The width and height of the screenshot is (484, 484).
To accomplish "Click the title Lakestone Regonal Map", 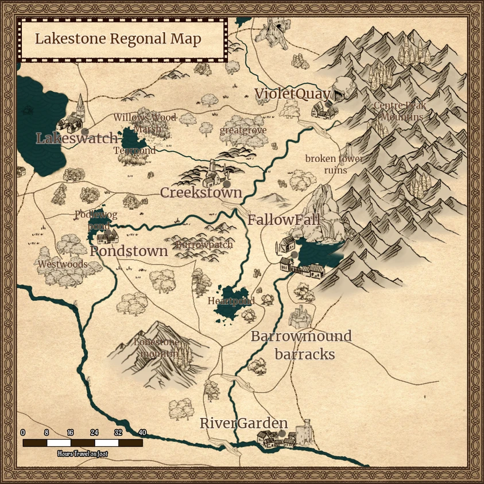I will point(118,39).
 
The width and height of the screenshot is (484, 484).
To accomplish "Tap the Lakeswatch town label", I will point(76,138).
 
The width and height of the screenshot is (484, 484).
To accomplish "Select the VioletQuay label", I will point(292,94).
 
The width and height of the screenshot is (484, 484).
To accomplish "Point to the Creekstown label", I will point(201,192).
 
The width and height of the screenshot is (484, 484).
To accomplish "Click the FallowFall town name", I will point(284,220).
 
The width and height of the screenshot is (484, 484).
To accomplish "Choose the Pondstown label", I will point(129,251).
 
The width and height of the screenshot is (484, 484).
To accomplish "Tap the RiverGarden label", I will point(243,424).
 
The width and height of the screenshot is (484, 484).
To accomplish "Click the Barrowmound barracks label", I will point(301,345).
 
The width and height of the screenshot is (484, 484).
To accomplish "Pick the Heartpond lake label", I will point(231,301).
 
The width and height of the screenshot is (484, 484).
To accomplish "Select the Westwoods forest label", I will point(63,265).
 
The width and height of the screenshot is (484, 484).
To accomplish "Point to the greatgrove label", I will point(243,130).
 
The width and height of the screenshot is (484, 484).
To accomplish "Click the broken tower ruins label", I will point(334,164).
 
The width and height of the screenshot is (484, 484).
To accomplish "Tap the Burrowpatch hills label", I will point(204,245).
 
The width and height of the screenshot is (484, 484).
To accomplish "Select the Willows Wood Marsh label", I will point(145,123).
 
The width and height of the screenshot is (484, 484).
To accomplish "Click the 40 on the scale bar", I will point(142,433).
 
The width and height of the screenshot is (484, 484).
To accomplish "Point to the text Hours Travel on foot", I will point(82,454).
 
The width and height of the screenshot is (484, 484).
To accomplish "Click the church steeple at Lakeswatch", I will point(81,104).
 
